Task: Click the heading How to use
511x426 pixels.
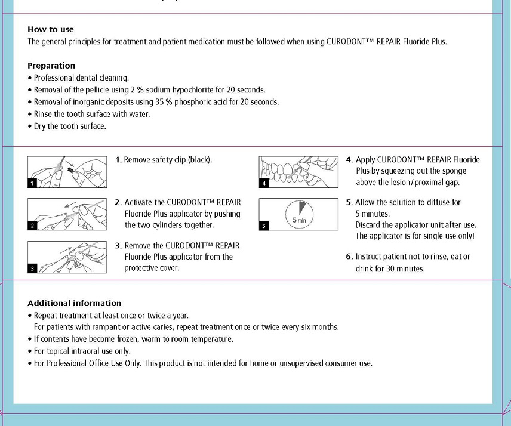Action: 51,29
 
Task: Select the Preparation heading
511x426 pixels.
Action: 51,66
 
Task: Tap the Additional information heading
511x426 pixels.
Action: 75,303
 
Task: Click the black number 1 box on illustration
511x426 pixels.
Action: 33,183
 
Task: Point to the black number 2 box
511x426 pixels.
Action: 33,226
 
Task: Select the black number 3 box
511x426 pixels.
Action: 33,268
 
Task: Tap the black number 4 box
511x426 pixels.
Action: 264,183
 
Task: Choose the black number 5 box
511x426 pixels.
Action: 264,226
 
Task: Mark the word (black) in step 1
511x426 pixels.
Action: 200,160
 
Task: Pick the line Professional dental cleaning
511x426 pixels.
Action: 81,78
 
